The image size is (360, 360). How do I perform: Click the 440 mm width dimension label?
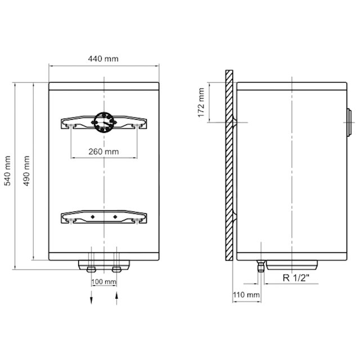coord(103,58)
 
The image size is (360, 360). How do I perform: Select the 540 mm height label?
coord(8,170)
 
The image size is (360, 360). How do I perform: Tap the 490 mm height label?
coord(26,170)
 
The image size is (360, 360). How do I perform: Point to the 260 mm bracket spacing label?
coord(103,151)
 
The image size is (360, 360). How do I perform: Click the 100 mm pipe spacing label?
coord(103,281)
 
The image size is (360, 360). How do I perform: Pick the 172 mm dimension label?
coord(201,102)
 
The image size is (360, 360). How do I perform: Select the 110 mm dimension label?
coord(246,295)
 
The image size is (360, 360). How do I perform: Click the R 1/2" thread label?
coord(296,278)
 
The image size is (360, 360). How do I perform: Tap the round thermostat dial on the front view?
coord(104,122)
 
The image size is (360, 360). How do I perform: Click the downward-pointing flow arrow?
coord(91,298)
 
